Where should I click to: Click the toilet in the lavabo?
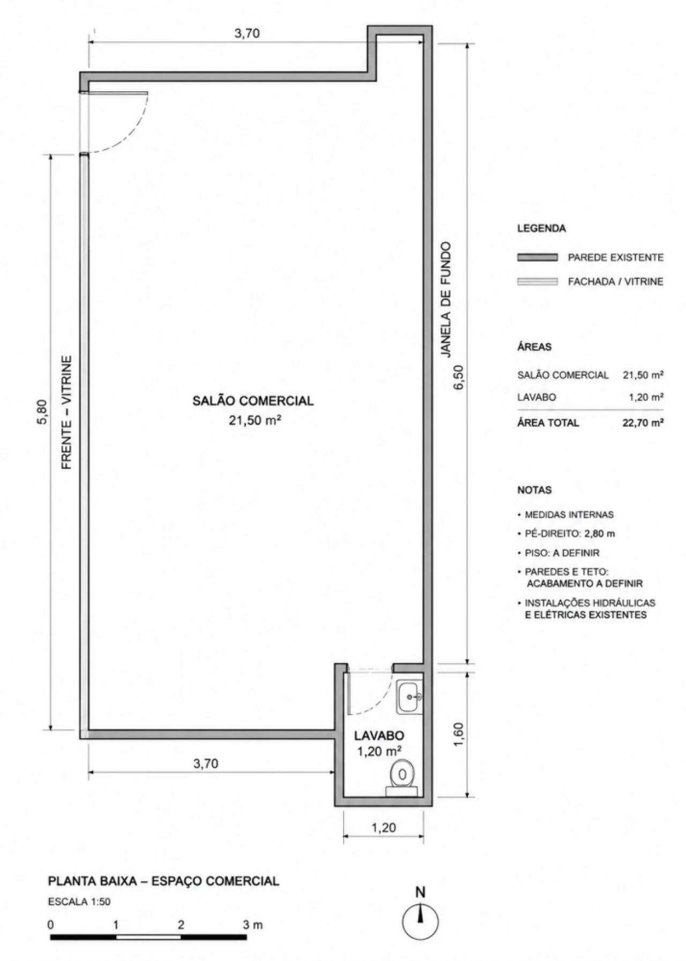pos(401,777)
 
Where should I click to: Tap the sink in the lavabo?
pos(409,696)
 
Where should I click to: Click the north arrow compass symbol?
pos(421,921)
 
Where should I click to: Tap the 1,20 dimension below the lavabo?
pos(384,828)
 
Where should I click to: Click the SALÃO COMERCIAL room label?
pos(253,400)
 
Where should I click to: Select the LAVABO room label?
pos(379,736)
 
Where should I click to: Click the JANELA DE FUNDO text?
pos(445,300)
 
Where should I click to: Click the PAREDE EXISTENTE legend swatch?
pos(538,257)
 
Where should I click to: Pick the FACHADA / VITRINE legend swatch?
pos(538,281)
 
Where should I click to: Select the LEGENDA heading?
pos(541,228)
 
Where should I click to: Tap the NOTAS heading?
pos(534,490)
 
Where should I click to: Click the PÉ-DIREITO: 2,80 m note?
pos(570,534)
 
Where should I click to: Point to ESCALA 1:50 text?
pos(79,902)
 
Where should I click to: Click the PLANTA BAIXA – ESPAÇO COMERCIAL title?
pos(164,881)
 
